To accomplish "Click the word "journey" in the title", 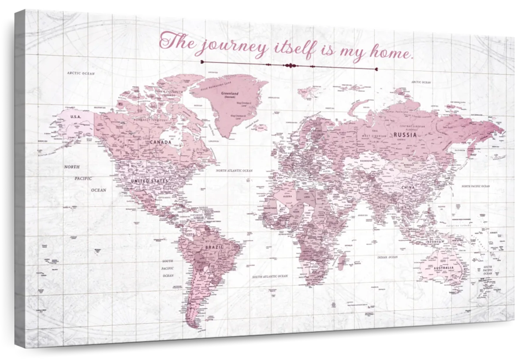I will [232, 45].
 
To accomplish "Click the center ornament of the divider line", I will [290, 66].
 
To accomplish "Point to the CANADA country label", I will [160, 142].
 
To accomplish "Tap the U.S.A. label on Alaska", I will [75, 116].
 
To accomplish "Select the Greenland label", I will [230, 94].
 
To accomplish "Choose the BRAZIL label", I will [214, 247].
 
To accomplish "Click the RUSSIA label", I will [405, 135].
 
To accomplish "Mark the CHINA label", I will [408, 187].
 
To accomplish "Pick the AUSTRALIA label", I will [443, 268].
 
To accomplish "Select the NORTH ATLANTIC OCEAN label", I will [234, 170].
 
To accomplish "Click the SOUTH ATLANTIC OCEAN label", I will [270, 276].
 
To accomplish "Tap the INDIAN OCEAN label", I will [387, 257].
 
